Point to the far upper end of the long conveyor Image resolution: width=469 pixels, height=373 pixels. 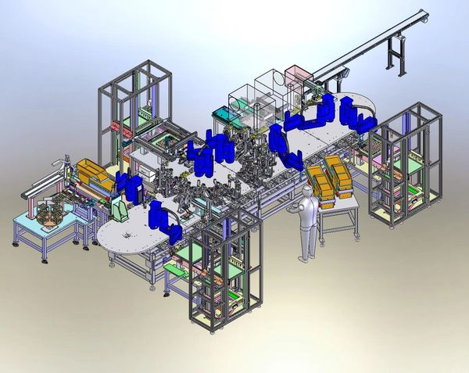(x=422, y=13)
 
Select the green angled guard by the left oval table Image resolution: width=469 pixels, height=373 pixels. (x=120, y=210)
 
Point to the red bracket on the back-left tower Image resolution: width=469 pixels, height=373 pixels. (x=116, y=126)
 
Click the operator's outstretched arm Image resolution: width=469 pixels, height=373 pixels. (x=294, y=209)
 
